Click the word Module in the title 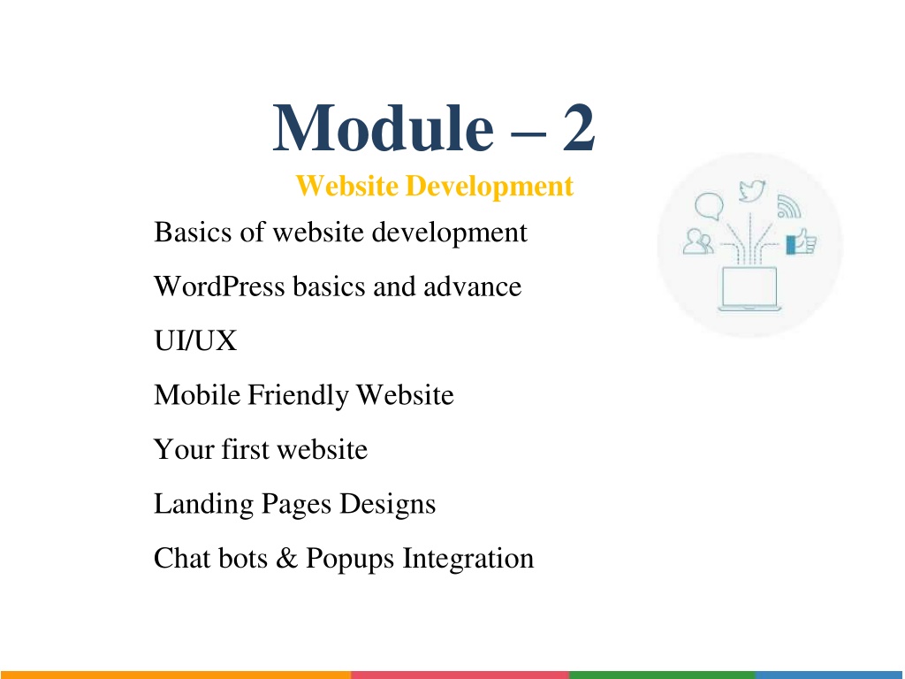pyautogui.click(x=384, y=127)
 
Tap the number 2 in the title pyautogui.click(x=578, y=127)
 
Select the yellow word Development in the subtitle pyautogui.click(x=490, y=187)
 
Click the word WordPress pyautogui.click(x=219, y=286)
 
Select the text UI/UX pyautogui.click(x=195, y=340)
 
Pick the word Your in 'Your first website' pyautogui.click(x=184, y=449)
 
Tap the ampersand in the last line pyautogui.click(x=287, y=559)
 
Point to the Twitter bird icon pyautogui.click(x=752, y=191)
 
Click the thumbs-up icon pyautogui.click(x=801, y=241)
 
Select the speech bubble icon pyautogui.click(x=709, y=206)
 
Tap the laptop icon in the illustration pyautogui.click(x=749, y=289)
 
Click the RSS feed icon pyautogui.click(x=788, y=207)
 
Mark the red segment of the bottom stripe pyautogui.click(x=460, y=675)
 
